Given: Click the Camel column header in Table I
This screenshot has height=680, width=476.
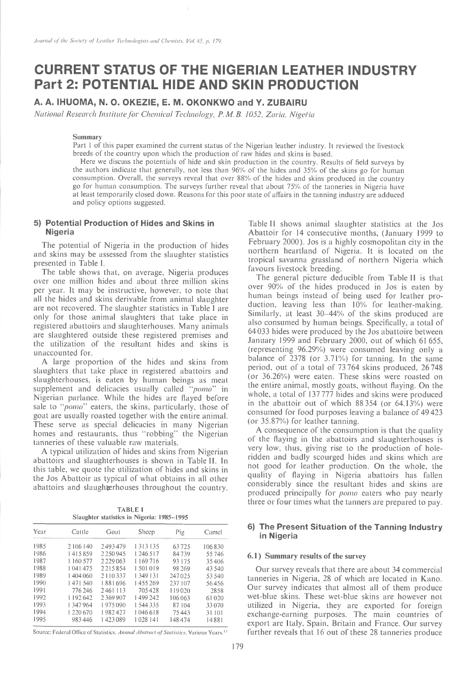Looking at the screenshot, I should (213, 532).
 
